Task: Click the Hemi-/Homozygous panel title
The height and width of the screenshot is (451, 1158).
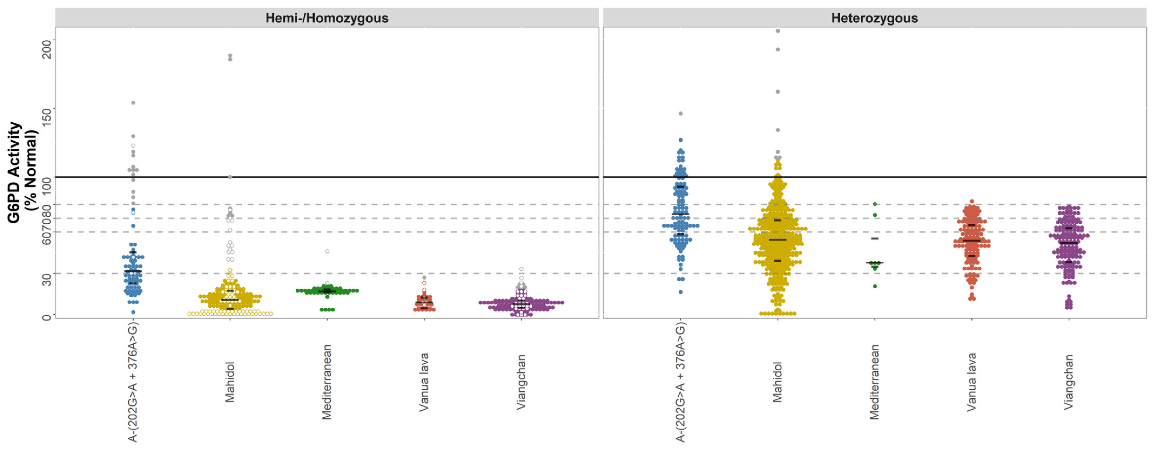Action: point(327,18)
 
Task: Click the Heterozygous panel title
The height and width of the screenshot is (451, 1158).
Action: point(874,18)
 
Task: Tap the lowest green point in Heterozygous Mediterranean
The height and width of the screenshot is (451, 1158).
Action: point(875,286)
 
